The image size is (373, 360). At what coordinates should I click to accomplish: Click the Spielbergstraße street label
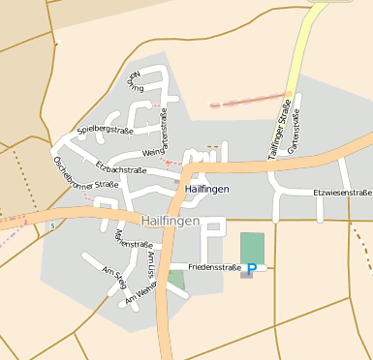[105, 130]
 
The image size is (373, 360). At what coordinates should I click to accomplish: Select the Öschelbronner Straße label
[85, 173]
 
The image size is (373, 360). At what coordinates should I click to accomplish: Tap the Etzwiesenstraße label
[342, 193]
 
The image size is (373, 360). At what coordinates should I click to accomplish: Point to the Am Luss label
[151, 262]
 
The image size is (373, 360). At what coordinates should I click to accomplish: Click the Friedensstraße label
[214, 266]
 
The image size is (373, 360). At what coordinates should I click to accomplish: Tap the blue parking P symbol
[252, 269]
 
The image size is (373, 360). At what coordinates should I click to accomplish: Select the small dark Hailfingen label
[206, 189]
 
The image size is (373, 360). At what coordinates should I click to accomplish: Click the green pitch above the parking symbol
[252, 246]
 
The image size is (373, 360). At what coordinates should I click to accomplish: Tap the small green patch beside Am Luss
[175, 279]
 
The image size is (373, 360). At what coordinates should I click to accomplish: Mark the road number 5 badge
[52, 225]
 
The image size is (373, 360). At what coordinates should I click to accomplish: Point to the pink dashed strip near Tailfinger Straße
[250, 100]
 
